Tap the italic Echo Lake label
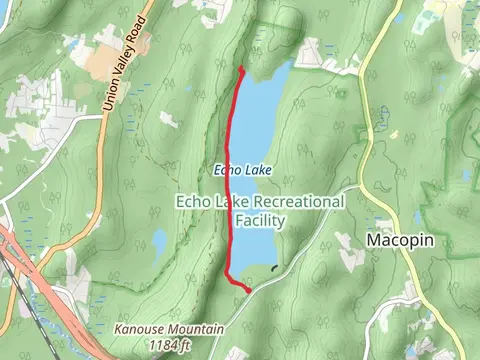click(x=243, y=170)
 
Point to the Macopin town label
click(x=397, y=241)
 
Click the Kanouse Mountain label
click(x=167, y=328)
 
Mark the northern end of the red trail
click(x=242, y=69)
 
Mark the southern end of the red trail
click(x=247, y=290)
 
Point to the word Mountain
click(x=195, y=328)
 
